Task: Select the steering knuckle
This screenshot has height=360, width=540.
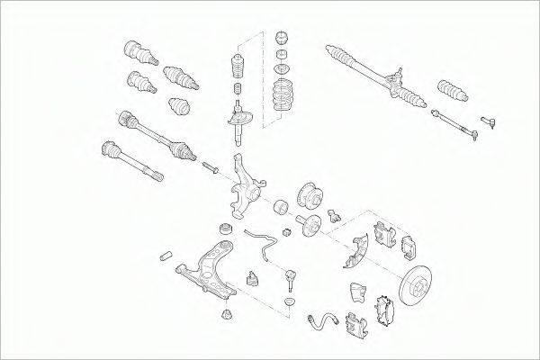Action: (244, 188)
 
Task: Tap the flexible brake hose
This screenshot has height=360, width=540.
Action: (328, 319)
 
